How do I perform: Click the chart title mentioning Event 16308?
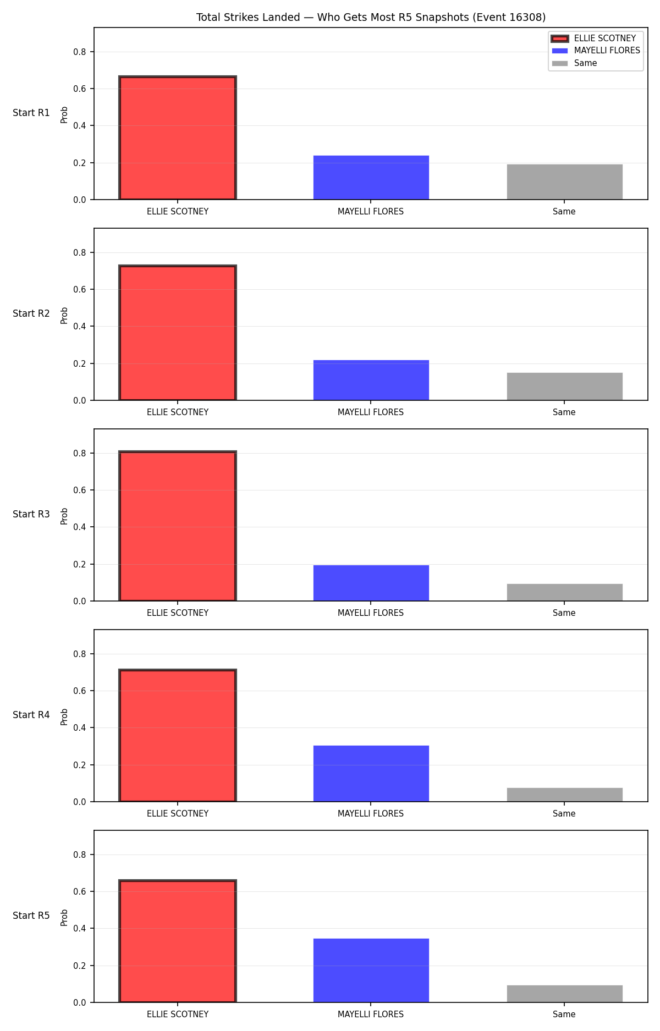click(371, 18)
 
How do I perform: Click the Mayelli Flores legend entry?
click(596, 51)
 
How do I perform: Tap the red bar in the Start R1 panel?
click(178, 138)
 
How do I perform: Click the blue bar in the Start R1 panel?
click(371, 178)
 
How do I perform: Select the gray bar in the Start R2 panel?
click(564, 387)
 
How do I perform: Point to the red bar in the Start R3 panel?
click(178, 526)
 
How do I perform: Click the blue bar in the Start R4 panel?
click(371, 774)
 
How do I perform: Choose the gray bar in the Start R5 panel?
click(564, 994)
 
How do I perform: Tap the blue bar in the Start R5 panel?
click(371, 971)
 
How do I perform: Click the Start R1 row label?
click(31, 113)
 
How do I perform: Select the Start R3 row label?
click(31, 514)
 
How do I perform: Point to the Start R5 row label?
click(31, 916)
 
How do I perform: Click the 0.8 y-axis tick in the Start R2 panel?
click(80, 252)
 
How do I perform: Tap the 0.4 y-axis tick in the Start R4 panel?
click(80, 727)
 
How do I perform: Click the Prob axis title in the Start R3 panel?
click(64, 516)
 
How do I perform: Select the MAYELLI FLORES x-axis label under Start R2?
click(371, 412)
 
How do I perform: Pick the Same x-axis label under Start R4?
click(564, 814)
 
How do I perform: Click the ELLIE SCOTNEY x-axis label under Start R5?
click(178, 1015)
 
